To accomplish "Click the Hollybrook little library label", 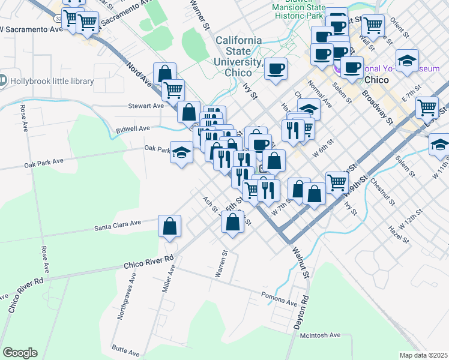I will (x=52, y=81).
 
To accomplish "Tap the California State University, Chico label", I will (x=239, y=56).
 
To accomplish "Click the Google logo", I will (x=20, y=353).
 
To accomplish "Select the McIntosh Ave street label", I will (x=320, y=335).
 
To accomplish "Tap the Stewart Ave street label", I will (x=146, y=106).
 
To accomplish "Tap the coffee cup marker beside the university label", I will (x=276, y=69).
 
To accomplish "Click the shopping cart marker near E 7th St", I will (x=427, y=107).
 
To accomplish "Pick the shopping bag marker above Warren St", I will (x=232, y=221).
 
